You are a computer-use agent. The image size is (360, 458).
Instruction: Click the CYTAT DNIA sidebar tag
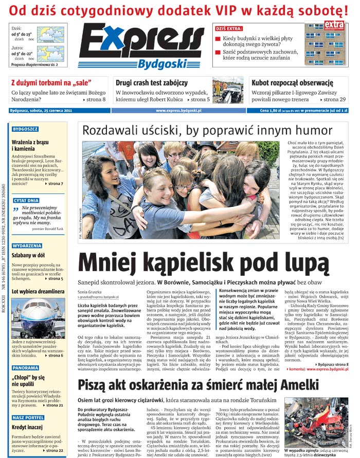pyautogui.click(x=26, y=200)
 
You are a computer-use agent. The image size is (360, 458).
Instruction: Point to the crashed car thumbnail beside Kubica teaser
pyautogui.click(x=227, y=92)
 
